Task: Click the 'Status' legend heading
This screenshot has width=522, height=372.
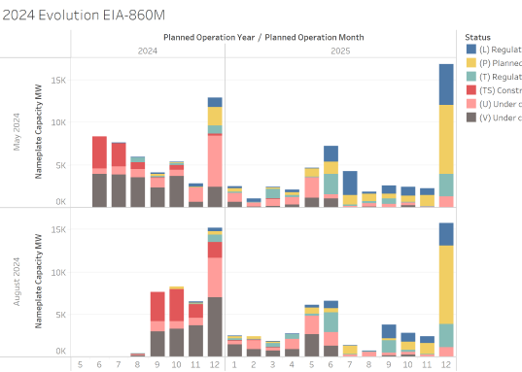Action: (478, 36)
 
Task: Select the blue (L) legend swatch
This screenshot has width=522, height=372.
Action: (471, 49)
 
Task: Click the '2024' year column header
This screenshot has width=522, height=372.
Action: (148, 50)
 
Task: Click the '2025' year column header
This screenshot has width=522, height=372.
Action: (340, 50)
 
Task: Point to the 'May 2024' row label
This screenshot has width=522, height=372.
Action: (14, 134)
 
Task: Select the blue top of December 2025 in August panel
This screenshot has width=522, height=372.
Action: (446, 234)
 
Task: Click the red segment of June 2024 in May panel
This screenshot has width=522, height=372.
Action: (99, 153)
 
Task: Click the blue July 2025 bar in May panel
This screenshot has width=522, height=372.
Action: (350, 183)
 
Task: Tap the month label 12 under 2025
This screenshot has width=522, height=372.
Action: (446, 366)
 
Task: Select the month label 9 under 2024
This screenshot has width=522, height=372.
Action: (157, 366)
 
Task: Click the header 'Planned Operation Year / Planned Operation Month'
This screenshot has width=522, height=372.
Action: (263, 37)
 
